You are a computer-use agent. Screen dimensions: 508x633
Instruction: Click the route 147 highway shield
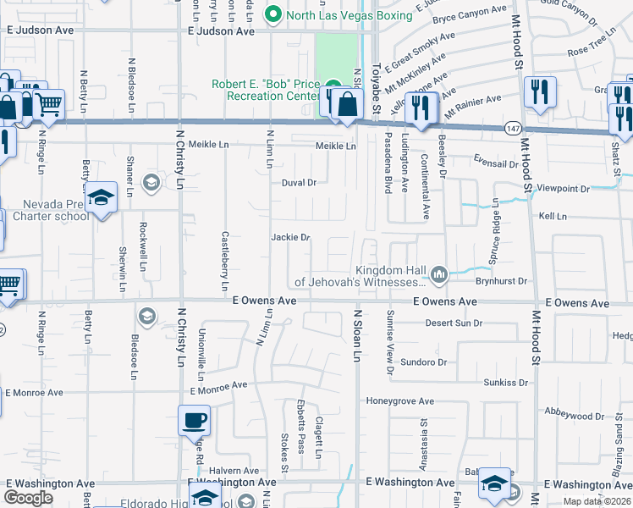pyautogui.click(x=514, y=128)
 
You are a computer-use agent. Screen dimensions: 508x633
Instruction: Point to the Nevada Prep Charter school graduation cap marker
pyautogui.click(x=101, y=197)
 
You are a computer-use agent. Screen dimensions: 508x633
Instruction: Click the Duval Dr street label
pyautogui.click(x=299, y=182)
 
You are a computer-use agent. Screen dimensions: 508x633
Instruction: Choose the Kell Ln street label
pyautogui.click(x=553, y=217)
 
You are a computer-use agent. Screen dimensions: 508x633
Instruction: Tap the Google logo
pyautogui.click(x=28, y=498)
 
